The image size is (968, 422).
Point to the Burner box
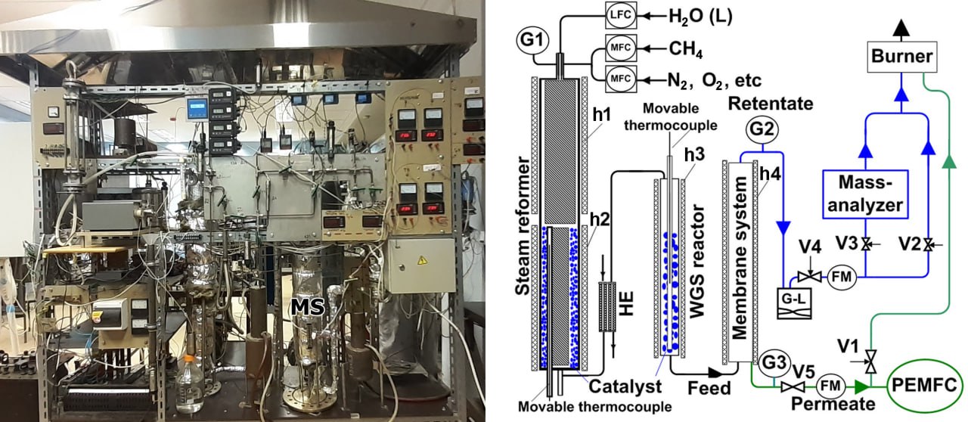[x=901, y=56]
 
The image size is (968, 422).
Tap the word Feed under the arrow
[x=709, y=389]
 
